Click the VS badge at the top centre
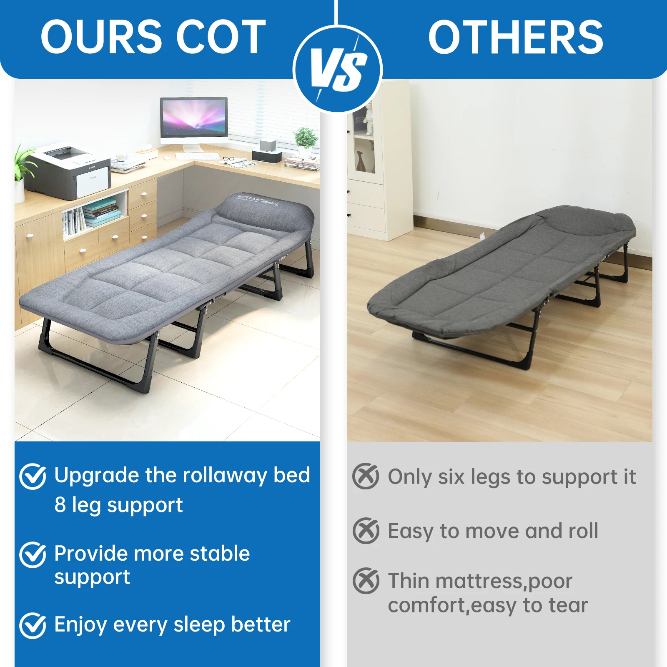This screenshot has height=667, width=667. click(338, 69)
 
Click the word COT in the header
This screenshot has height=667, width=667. click(221, 37)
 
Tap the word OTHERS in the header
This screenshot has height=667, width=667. click(516, 37)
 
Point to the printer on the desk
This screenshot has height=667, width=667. click(69, 171)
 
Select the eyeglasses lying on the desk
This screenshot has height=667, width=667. click(228, 159)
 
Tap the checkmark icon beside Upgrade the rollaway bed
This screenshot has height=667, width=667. click(33, 476)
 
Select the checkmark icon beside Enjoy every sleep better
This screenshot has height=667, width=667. click(33, 625)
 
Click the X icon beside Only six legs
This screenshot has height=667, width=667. click(366, 476)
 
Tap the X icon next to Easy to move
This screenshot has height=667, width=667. click(366, 530)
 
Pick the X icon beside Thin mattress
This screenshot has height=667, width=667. click(366, 581)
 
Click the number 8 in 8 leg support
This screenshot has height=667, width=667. click(60, 505)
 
